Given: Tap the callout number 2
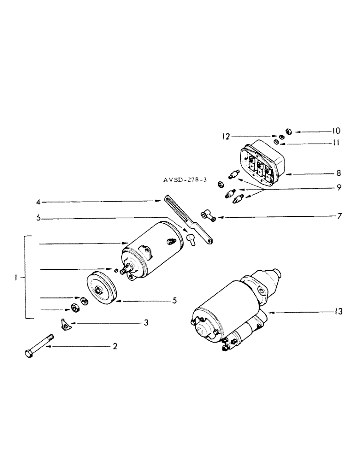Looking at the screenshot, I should [x=114, y=347].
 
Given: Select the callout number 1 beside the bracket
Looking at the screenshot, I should [x=16, y=278].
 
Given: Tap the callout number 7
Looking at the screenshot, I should [x=339, y=217].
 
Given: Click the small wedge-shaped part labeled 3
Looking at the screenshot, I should [x=66, y=323].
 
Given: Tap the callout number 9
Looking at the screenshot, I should [x=339, y=188].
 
